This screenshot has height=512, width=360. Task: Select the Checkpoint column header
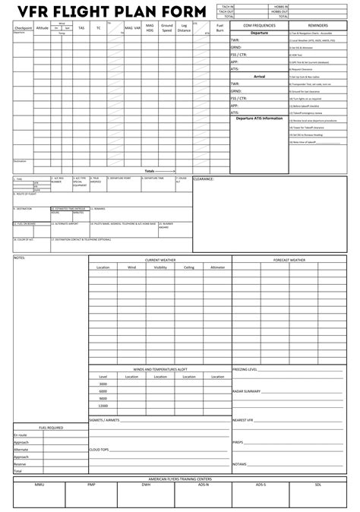tap(23, 27)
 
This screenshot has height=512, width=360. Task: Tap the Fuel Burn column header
tap(220, 27)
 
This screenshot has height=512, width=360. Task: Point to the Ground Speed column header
tap(167, 27)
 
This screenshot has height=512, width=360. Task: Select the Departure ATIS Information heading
tap(258, 118)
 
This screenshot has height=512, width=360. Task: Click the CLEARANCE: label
tap(204, 179)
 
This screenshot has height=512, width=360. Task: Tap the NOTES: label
tap(20, 258)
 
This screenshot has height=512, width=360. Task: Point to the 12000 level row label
tap(103, 406)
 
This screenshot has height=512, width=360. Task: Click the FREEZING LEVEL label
tap(245, 369)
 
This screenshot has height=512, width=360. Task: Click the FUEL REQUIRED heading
tap(51, 428)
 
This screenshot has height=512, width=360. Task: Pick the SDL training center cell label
tap(317, 484)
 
